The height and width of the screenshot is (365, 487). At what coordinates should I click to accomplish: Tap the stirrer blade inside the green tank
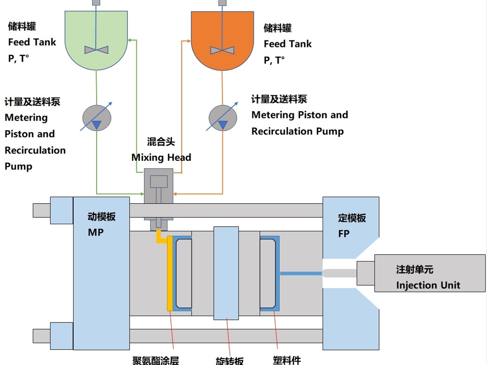tap(97, 50)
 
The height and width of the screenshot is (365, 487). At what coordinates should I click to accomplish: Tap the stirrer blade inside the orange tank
tap(222, 50)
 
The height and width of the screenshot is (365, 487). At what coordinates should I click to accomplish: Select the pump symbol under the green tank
tap(97, 118)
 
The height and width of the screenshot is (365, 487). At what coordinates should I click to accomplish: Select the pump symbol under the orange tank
tap(223, 118)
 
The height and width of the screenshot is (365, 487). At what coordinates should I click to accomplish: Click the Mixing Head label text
tap(161, 158)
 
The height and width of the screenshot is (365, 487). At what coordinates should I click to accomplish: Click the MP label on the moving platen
tap(96, 233)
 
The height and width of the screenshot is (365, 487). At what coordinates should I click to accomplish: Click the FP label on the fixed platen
tap(344, 234)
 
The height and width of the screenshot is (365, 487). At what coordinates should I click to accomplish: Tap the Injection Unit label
tap(428, 285)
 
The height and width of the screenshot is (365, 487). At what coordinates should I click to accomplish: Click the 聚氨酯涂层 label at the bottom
tap(155, 360)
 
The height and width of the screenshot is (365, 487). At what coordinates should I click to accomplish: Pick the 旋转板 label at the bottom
tap(229, 360)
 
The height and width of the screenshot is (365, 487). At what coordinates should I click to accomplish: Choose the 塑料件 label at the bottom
tap(287, 360)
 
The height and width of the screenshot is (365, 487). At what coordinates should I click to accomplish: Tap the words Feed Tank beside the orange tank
tap(288, 44)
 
